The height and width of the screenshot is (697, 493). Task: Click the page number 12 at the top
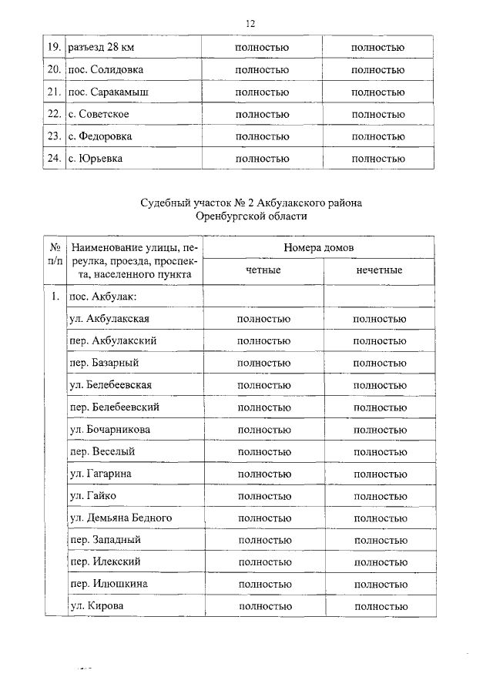pyautogui.click(x=250, y=24)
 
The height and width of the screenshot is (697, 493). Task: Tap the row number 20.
pyautogui.click(x=54, y=70)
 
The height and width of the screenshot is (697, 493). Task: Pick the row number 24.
pyautogui.click(x=54, y=159)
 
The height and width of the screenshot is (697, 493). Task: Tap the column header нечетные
pyautogui.click(x=379, y=271)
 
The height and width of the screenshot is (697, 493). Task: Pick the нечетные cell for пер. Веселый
pyautogui.click(x=380, y=451)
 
